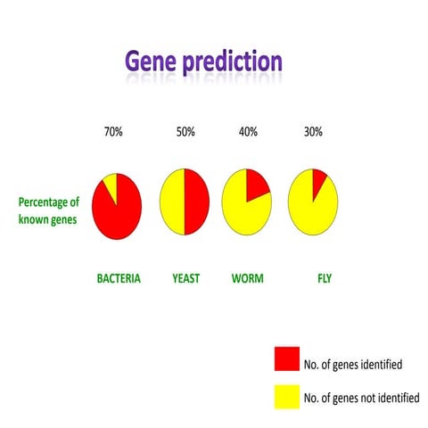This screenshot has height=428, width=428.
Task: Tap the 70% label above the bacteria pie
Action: coord(113,132)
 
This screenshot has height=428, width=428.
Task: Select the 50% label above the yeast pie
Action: coord(186,132)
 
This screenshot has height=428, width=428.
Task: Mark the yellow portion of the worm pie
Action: coord(243,214)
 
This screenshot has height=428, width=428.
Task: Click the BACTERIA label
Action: coord(119,278)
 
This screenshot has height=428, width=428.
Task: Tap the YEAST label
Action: coord(185,278)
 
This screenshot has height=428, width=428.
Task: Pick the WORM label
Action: coord(246,278)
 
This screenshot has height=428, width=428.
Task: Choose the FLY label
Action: coord(325,278)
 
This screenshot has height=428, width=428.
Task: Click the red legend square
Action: coord(285,360)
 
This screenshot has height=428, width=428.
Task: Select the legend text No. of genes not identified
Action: coord(361,398)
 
